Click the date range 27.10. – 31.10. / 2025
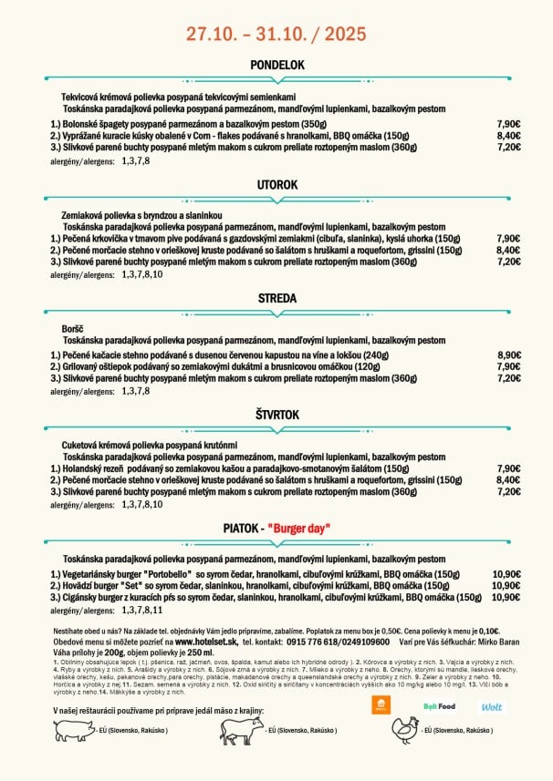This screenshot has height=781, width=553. tap(276, 34)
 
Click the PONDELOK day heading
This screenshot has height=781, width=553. tap(276, 66)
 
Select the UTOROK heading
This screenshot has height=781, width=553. tap(276, 185)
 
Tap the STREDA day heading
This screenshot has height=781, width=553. tap(276, 298)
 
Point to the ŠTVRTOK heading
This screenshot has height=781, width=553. tap(276, 415)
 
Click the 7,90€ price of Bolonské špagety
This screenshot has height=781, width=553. tap(508, 124)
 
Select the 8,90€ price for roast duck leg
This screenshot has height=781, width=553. tap(508, 355)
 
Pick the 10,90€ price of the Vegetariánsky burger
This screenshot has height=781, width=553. tap(506, 575)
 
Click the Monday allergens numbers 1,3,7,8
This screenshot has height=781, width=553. tap(135, 160)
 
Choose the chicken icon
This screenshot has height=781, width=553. tap(405, 729)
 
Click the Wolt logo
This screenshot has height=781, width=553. tap(491, 706)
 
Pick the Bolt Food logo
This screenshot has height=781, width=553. tap(439, 706)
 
